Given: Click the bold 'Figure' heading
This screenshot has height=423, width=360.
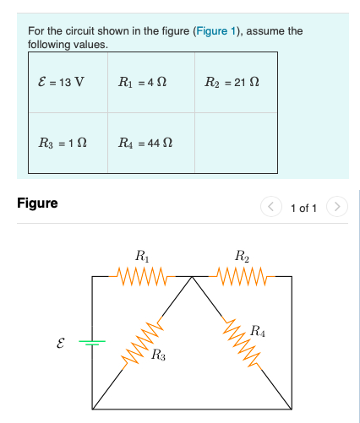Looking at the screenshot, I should point(37,203).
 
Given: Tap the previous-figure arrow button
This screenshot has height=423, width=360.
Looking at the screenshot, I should point(270,207).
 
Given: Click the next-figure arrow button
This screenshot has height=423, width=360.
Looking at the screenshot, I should point(336,207).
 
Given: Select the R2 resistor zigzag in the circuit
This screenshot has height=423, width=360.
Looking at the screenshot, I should point(242,275).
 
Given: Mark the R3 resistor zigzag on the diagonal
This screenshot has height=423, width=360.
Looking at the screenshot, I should point(142,346).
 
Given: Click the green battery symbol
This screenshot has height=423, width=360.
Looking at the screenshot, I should point(93,342).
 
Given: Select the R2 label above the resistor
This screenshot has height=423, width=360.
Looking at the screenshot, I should point(242,256).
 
